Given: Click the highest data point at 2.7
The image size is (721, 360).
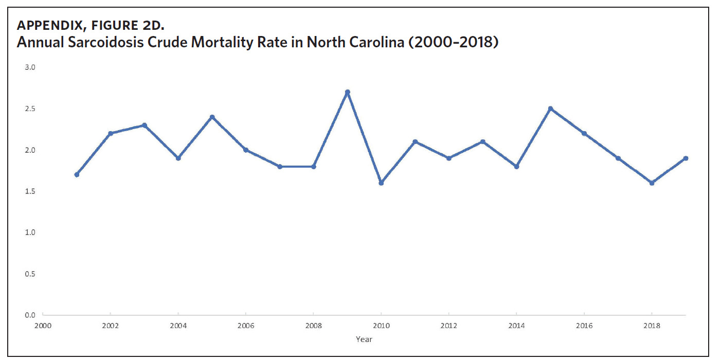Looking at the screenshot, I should [348, 92].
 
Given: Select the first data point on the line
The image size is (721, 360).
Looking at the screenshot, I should [77, 175].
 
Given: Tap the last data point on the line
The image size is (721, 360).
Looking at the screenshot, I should [686, 158].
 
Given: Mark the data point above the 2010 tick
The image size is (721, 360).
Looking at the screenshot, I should [381, 183].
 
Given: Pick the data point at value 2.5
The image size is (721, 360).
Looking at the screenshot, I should [550, 109].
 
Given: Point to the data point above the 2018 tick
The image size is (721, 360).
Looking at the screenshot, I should [652, 183].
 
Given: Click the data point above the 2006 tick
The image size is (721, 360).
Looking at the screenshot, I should [246, 150].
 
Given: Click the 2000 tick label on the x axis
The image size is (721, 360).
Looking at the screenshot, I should [43, 326].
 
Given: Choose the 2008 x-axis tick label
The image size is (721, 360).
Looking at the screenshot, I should [313, 326].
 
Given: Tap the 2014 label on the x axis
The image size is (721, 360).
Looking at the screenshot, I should [516, 326].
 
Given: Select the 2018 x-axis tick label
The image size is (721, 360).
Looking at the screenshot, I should [652, 326].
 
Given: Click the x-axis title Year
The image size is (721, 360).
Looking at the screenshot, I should [364, 339].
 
